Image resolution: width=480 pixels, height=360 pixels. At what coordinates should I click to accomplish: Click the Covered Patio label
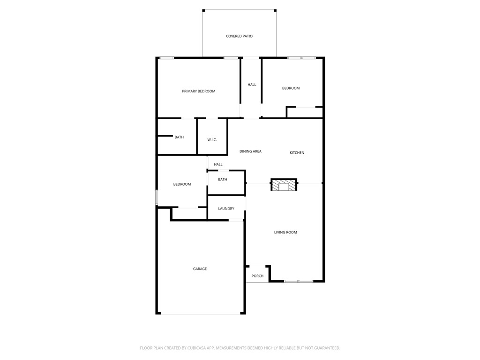(239, 36)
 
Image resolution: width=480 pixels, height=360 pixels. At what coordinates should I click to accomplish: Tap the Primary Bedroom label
(198, 91)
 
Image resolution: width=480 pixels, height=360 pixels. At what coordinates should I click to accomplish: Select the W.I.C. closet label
(212, 140)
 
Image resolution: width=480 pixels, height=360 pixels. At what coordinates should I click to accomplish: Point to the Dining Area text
(250, 151)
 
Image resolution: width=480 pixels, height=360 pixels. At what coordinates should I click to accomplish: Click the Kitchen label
(297, 152)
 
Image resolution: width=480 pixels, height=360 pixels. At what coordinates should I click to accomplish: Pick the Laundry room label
(226, 209)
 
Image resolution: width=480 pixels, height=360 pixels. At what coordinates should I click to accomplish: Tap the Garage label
(200, 269)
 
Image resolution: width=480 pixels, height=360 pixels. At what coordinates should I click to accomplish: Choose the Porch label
(257, 276)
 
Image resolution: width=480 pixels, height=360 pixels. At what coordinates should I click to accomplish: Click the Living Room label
(285, 232)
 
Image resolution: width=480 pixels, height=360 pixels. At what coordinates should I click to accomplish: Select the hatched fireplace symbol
(284, 185)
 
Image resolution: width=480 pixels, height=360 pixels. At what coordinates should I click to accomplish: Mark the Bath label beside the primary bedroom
(179, 137)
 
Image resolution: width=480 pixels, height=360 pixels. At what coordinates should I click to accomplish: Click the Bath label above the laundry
(222, 180)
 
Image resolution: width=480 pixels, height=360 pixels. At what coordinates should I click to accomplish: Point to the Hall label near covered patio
(252, 85)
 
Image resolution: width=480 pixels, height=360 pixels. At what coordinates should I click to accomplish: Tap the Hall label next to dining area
(218, 165)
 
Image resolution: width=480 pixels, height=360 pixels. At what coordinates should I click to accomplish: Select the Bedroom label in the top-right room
(291, 88)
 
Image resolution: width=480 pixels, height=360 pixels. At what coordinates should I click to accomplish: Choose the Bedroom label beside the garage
(182, 184)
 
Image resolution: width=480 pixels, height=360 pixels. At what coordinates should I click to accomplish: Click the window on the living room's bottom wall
(299, 281)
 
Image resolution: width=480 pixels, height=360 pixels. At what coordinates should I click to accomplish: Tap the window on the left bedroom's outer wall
(157, 197)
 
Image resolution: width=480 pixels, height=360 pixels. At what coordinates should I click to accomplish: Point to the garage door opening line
(201, 313)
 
